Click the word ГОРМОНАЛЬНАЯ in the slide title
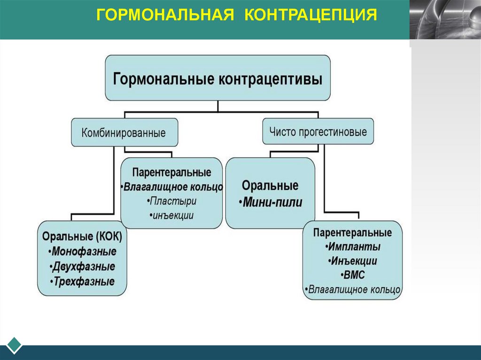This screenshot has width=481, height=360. (165, 15)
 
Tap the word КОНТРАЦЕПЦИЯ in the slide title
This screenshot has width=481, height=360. (310, 15)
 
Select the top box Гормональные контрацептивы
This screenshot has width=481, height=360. (217, 78)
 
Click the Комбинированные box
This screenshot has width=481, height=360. (124, 133)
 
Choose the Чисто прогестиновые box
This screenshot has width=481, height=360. (318, 131)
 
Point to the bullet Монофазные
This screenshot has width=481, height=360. (85, 252)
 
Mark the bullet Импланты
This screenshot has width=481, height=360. (353, 247)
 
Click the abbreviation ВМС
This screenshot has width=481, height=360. (352, 275)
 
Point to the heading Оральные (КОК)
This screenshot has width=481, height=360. (82, 237)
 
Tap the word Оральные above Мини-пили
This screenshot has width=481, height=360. (270, 185)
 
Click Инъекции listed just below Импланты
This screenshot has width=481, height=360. (353, 261)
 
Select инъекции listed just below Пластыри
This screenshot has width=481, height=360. (172, 215)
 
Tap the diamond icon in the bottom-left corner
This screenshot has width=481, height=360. (14, 345)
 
